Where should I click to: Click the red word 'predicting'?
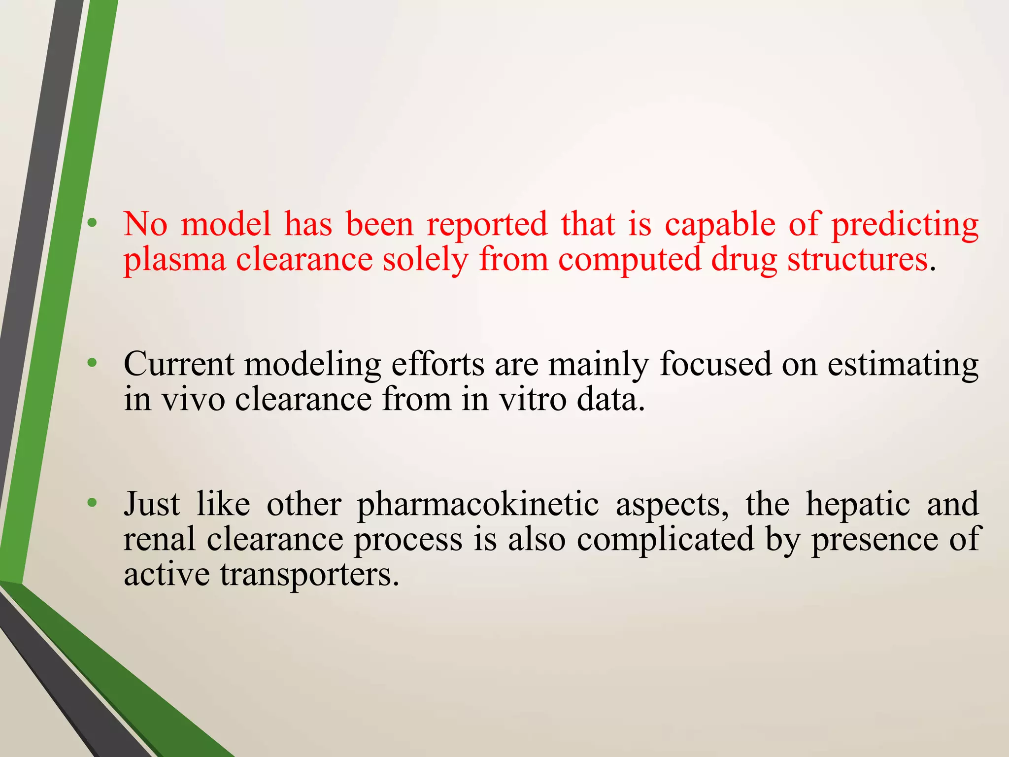pos(905,225)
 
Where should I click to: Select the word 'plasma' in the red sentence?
pos(174,260)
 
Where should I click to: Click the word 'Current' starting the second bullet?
pos(179,364)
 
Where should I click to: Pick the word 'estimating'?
pos(903,365)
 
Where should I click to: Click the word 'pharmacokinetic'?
pos(478,505)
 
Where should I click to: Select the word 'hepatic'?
pos(858,505)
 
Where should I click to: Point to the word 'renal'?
pos(159,539)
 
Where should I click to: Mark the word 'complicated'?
pos(665,540)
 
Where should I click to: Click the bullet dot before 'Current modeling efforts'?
pos(92,364)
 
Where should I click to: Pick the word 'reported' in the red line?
pos(487,225)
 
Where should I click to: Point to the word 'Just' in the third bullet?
pos(152,504)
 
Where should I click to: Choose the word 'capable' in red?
pos(720,225)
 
